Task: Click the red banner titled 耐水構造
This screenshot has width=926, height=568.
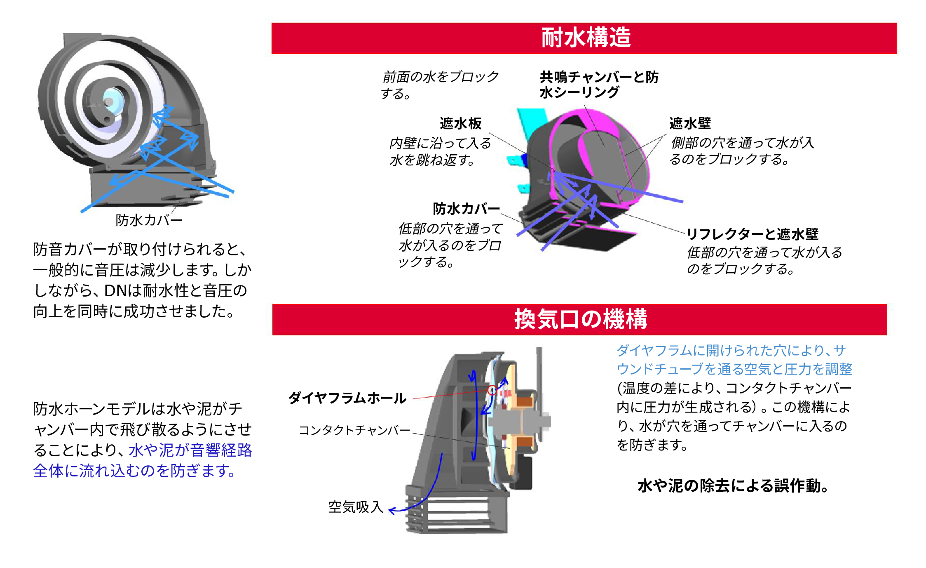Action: (x=584, y=38)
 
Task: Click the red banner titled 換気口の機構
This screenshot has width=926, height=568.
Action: (x=579, y=319)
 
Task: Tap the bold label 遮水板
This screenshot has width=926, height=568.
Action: (x=460, y=123)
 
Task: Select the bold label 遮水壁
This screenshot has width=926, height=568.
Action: (x=690, y=123)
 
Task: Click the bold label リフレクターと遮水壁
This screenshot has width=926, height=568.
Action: (x=752, y=234)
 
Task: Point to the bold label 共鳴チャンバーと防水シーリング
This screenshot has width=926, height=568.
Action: (x=598, y=85)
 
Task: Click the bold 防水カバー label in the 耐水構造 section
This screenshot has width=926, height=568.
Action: (x=466, y=209)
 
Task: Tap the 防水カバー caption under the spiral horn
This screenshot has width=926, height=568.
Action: (x=148, y=220)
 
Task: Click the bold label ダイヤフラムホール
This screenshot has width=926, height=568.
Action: (x=347, y=398)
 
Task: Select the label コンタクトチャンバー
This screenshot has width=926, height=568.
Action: (x=354, y=430)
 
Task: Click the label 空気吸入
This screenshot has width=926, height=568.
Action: (x=356, y=507)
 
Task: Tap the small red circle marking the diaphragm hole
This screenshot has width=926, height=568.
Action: (x=492, y=390)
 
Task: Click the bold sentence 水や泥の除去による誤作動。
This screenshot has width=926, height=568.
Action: (x=733, y=486)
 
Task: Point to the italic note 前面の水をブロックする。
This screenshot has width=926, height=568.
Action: (x=439, y=85)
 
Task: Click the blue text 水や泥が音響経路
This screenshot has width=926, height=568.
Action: (x=190, y=450)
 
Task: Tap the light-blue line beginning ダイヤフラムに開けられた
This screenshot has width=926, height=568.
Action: (x=731, y=351)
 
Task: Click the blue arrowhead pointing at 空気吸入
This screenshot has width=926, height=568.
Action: (x=392, y=511)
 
